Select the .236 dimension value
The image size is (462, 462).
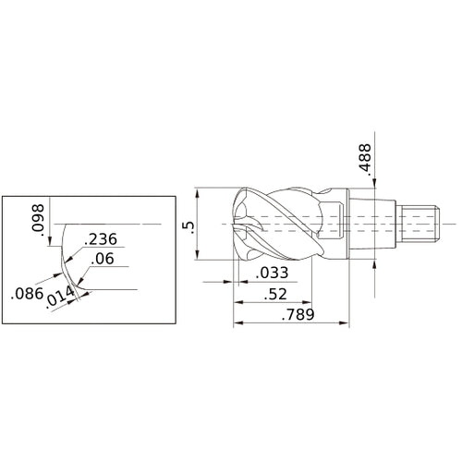pyautogui.click(x=99, y=239)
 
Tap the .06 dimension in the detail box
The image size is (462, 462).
pyautogui.click(x=103, y=261)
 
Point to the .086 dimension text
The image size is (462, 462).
pyautogui.click(x=24, y=296)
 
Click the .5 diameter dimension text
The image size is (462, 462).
pyautogui.click(x=188, y=226)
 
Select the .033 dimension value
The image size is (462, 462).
pyautogui.click(x=274, y=273)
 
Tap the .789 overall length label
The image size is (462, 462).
pyautogui.click(x=295, y=315)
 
